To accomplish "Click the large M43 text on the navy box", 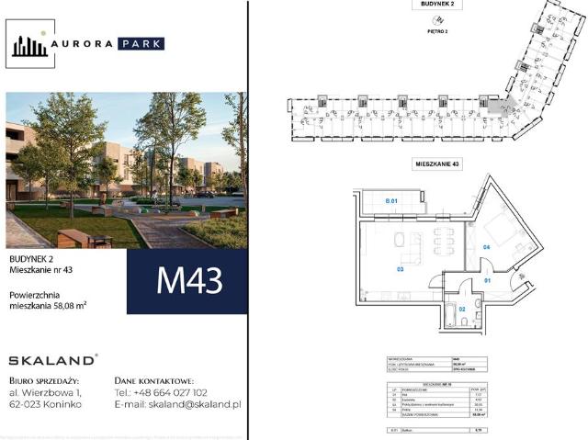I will [190, 279].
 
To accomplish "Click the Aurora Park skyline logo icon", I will [29, 44].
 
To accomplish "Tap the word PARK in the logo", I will [141, 43].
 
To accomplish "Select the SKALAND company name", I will [52, 359].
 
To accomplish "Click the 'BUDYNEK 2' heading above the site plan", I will [438, 5].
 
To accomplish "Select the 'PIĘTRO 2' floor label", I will [438, 31].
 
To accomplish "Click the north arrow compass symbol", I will [437, 17].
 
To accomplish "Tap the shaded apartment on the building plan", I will [495, 107].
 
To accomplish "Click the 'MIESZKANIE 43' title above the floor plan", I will [437, 164].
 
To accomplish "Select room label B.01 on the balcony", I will [390, 200].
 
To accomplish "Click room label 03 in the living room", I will [401, 269].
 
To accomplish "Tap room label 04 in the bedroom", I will [486, 248].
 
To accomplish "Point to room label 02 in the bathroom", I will [462, 309].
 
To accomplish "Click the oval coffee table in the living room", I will [401, 240].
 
